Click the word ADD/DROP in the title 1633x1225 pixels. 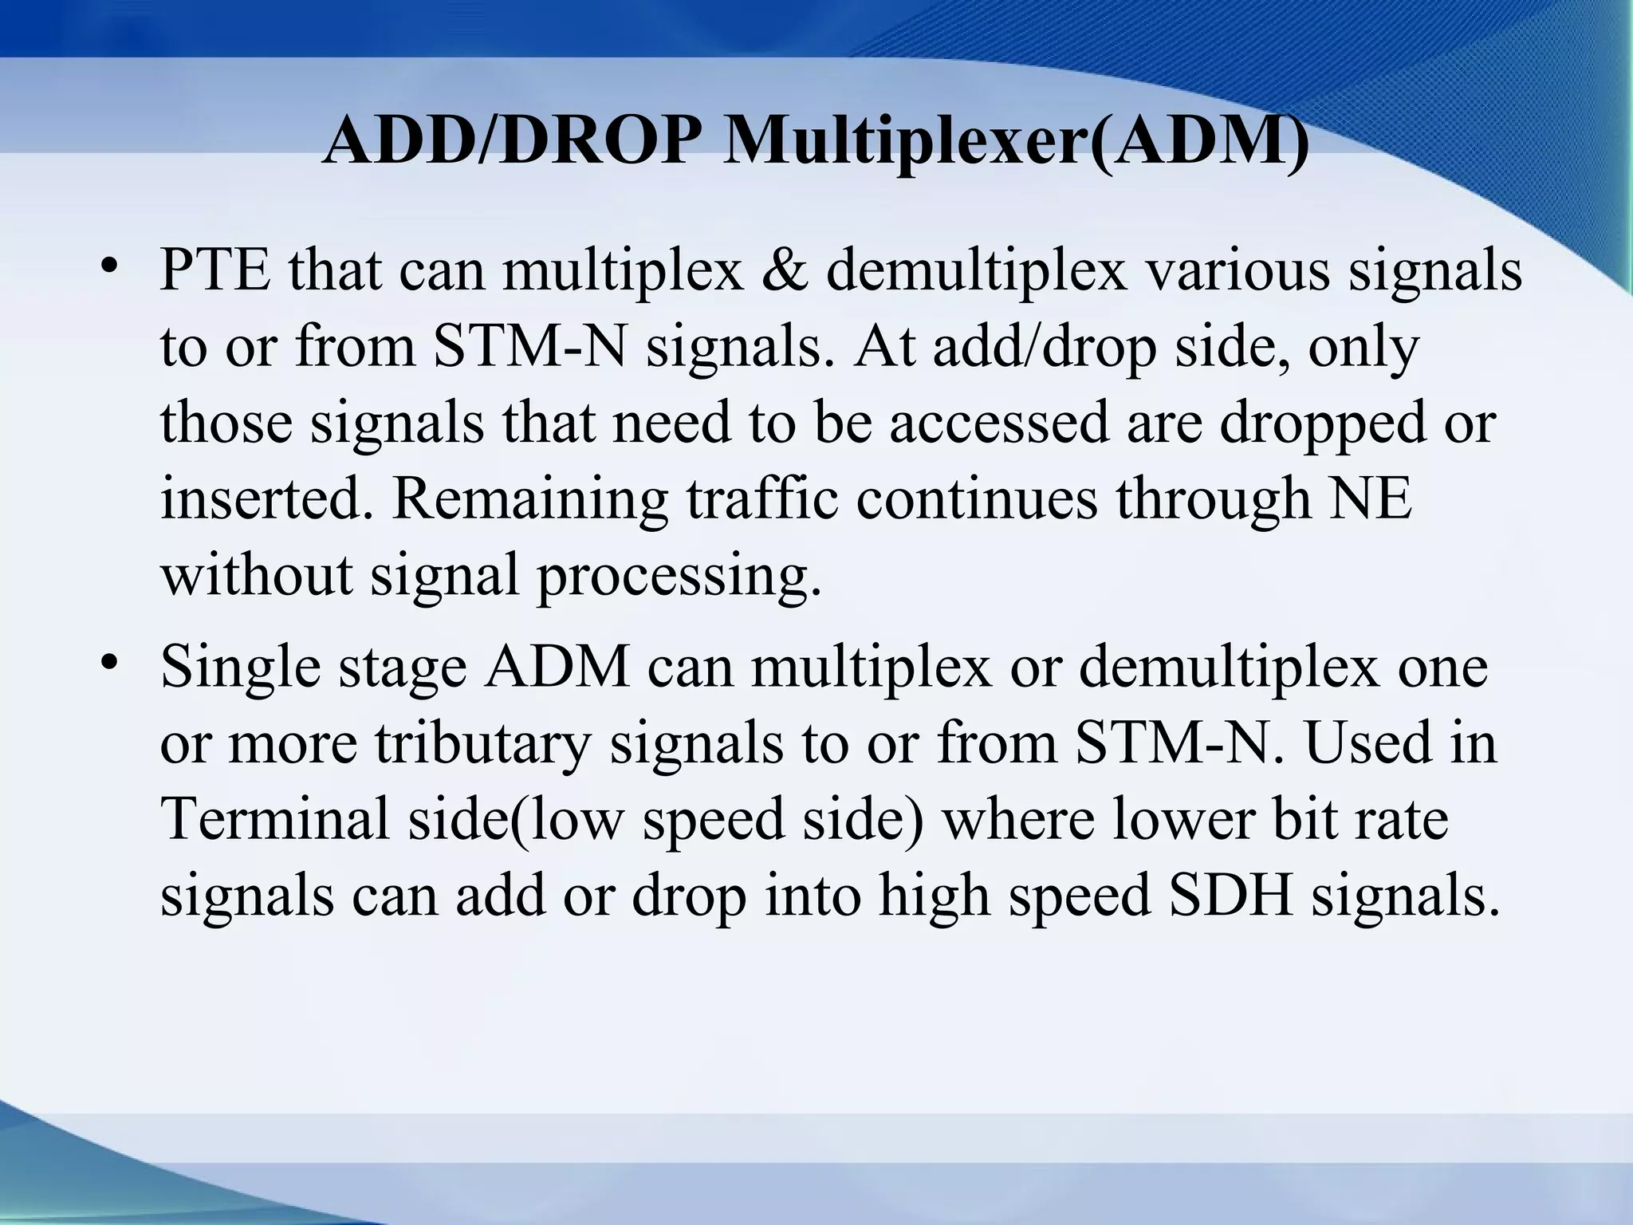[506, 140]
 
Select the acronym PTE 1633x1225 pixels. [215, 271]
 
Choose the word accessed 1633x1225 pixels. [999, 423]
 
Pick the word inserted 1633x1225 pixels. [266, 499]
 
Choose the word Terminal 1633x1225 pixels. [276, 818]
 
